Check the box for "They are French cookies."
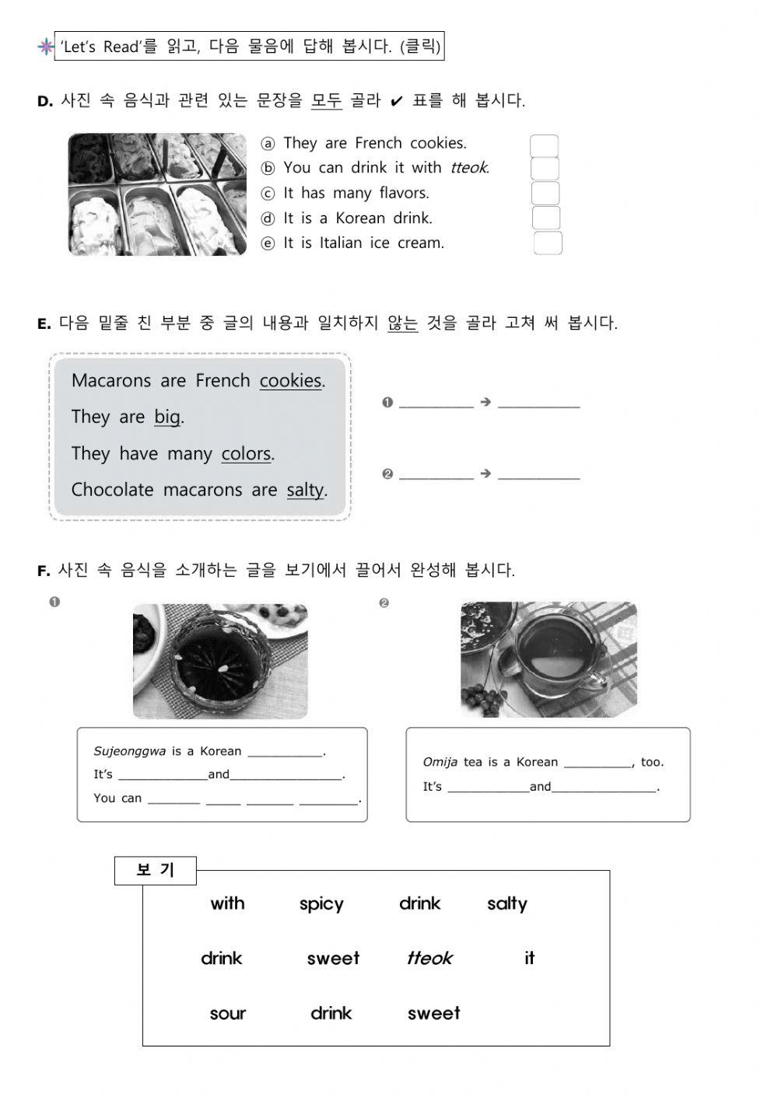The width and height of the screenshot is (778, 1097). point(544,145)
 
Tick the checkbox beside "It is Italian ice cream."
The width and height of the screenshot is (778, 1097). point(548,243)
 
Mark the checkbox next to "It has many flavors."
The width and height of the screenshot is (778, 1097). point(545,194)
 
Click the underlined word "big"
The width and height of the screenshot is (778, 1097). point(167,417)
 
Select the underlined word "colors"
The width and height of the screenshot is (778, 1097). point(246,453)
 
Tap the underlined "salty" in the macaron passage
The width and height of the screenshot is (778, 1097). point(305,490)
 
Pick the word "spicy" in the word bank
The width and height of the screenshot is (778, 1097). point(321,903)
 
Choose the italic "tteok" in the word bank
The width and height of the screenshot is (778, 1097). point(429,958)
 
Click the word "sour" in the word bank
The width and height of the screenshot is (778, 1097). point(227,1013)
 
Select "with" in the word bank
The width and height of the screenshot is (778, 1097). point(227,903)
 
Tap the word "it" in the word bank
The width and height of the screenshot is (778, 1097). point(529,958)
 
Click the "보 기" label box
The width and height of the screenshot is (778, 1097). point(155,870)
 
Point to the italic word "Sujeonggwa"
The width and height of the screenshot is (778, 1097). point(129,751)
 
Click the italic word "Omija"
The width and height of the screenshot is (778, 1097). point(440,762)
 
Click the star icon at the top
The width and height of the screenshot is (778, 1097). point(46,47)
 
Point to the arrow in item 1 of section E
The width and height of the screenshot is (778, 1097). point(485,402)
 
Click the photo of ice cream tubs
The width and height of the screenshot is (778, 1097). point(157,194)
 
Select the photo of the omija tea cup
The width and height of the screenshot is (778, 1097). point(548,659)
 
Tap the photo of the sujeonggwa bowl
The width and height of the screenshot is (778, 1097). point(220,661)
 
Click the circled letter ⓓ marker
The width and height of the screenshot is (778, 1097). point(268,218)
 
